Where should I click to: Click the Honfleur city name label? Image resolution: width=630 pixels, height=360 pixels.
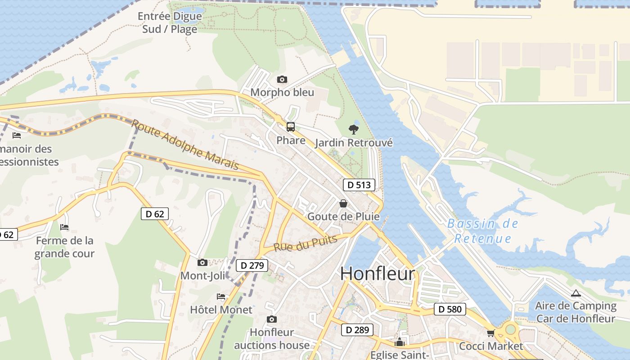pos(377,274)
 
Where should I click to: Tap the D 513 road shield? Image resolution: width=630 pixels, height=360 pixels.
pos(359,185)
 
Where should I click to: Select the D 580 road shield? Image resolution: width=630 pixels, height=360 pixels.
pos(450,309)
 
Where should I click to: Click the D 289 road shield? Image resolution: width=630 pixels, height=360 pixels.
pos(357,330)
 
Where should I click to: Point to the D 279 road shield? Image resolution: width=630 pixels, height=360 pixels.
pos(252,265)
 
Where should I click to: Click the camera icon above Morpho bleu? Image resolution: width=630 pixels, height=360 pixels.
pos(282,80)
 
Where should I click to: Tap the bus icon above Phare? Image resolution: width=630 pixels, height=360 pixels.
pos(291,127)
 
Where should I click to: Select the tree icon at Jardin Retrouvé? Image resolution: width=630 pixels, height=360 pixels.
pos(354,130)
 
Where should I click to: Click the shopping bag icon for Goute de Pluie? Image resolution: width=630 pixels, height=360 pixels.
pos(343,203)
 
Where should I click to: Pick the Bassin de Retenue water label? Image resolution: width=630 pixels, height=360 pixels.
pos(483,231)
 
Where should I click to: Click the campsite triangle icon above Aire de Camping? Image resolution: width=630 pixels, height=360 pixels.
pos(576,293)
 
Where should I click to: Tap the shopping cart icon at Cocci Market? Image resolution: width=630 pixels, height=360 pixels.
pos(490,333)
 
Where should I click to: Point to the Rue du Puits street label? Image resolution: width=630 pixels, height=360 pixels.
pos(306,243)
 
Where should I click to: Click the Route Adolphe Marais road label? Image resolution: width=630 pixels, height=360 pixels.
pos(185,144)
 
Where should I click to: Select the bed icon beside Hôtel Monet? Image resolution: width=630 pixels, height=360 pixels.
pos(221,297)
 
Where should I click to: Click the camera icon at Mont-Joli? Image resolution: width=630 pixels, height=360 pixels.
pos(202,262)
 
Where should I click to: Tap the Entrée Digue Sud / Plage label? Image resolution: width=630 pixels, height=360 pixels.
pos(170,22)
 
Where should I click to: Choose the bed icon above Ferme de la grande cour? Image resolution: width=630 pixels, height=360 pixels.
pos(64,227)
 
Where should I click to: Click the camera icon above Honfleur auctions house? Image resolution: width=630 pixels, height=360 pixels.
pos(271,319)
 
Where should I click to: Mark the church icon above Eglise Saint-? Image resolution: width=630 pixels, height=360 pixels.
pos(400,342)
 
